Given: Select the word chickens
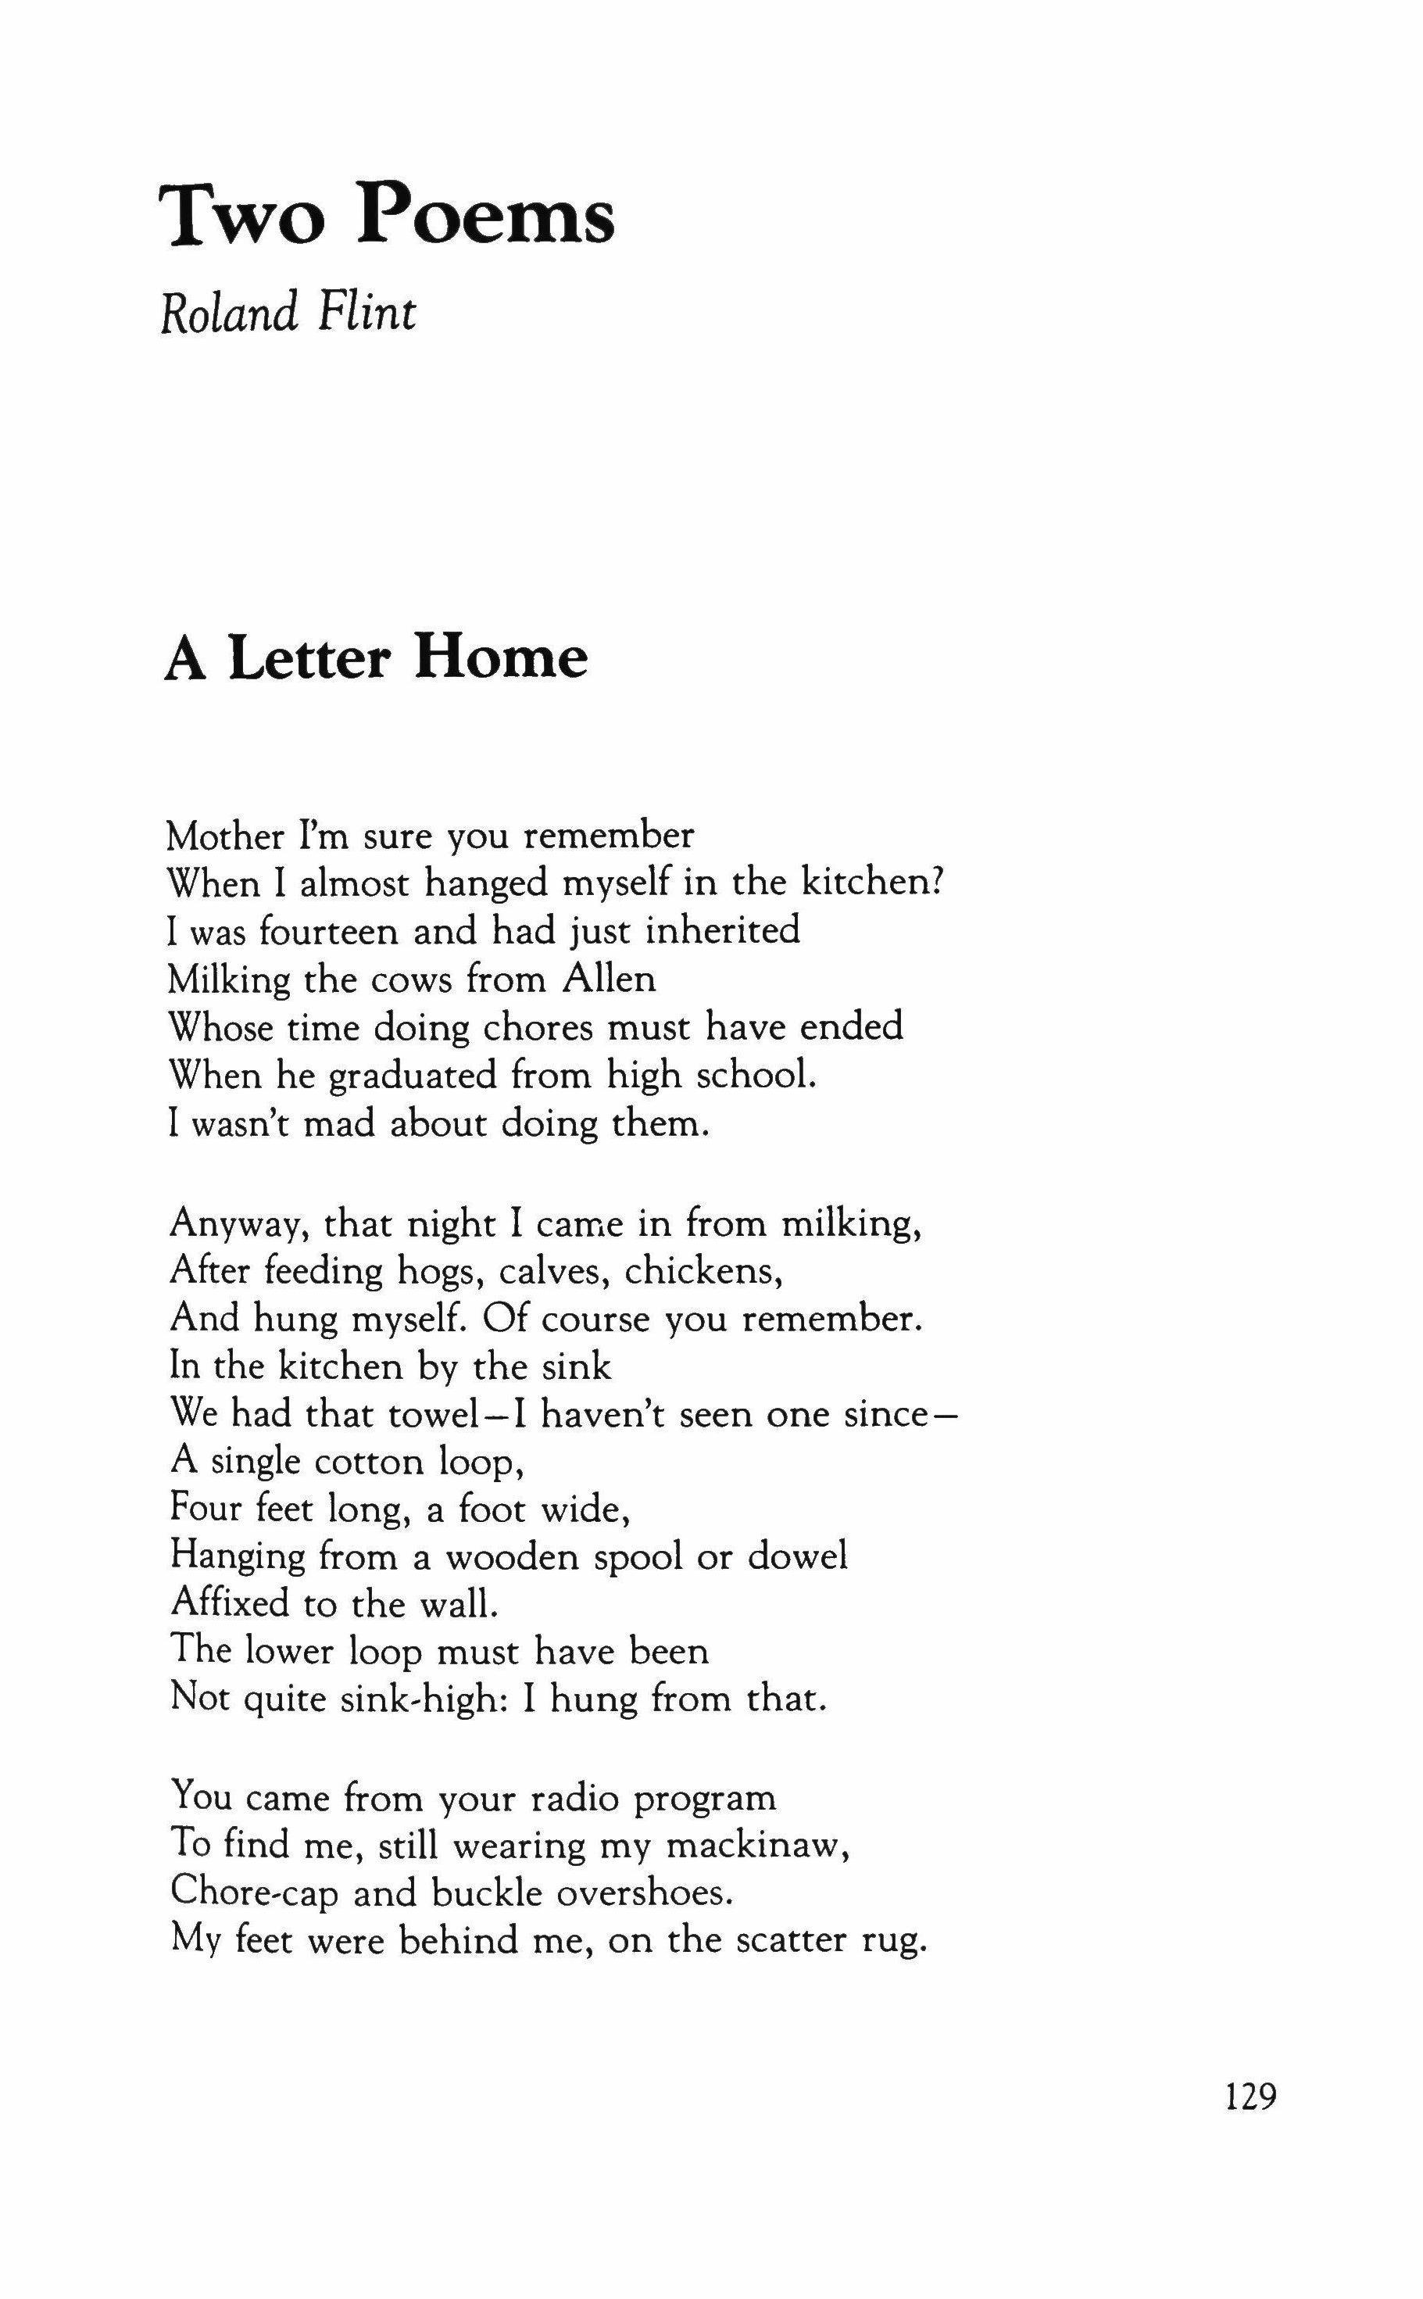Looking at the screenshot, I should pyautogui.click(x=705, y=1272).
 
